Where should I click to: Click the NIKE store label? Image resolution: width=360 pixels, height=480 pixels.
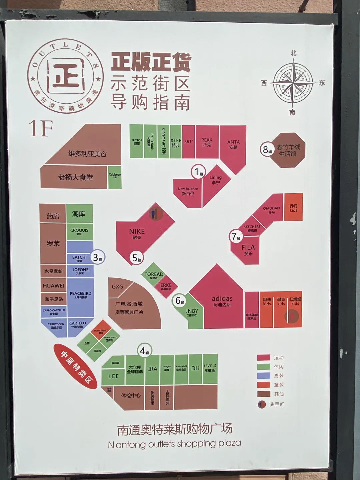(137, 233)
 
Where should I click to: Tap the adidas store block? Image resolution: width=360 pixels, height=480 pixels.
(222, 301)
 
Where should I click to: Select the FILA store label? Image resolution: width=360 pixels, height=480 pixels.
(248, 249)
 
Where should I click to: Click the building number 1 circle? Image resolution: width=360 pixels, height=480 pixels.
(197, 172)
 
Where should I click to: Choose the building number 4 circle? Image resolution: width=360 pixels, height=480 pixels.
(144, 350)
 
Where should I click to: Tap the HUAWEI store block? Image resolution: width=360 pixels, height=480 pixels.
(53, 286)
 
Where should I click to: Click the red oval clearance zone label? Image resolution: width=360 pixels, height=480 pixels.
(75, 367)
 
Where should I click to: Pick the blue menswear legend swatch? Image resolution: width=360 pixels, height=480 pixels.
(263, 376)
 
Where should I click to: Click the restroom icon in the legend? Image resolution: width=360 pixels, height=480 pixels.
(262, 404)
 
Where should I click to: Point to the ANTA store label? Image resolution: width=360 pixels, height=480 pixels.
(233, 144)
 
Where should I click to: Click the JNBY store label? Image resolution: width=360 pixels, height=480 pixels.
(192, 313)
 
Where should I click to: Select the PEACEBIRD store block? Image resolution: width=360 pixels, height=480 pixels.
(80, 295)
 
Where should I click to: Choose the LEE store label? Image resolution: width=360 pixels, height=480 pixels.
(113, 376)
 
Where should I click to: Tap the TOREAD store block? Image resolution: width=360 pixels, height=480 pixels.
(154, 275)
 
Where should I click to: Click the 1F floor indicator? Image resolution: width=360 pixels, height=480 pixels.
(41, 128)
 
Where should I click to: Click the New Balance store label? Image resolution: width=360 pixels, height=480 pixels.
(188, 191)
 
